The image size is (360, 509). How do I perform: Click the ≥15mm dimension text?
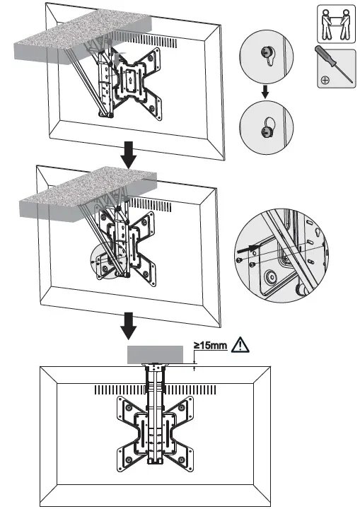coord(211,346)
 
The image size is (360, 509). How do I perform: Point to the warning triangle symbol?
coord(243,346)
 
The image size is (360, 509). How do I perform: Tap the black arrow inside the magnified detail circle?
coord(245,248)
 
